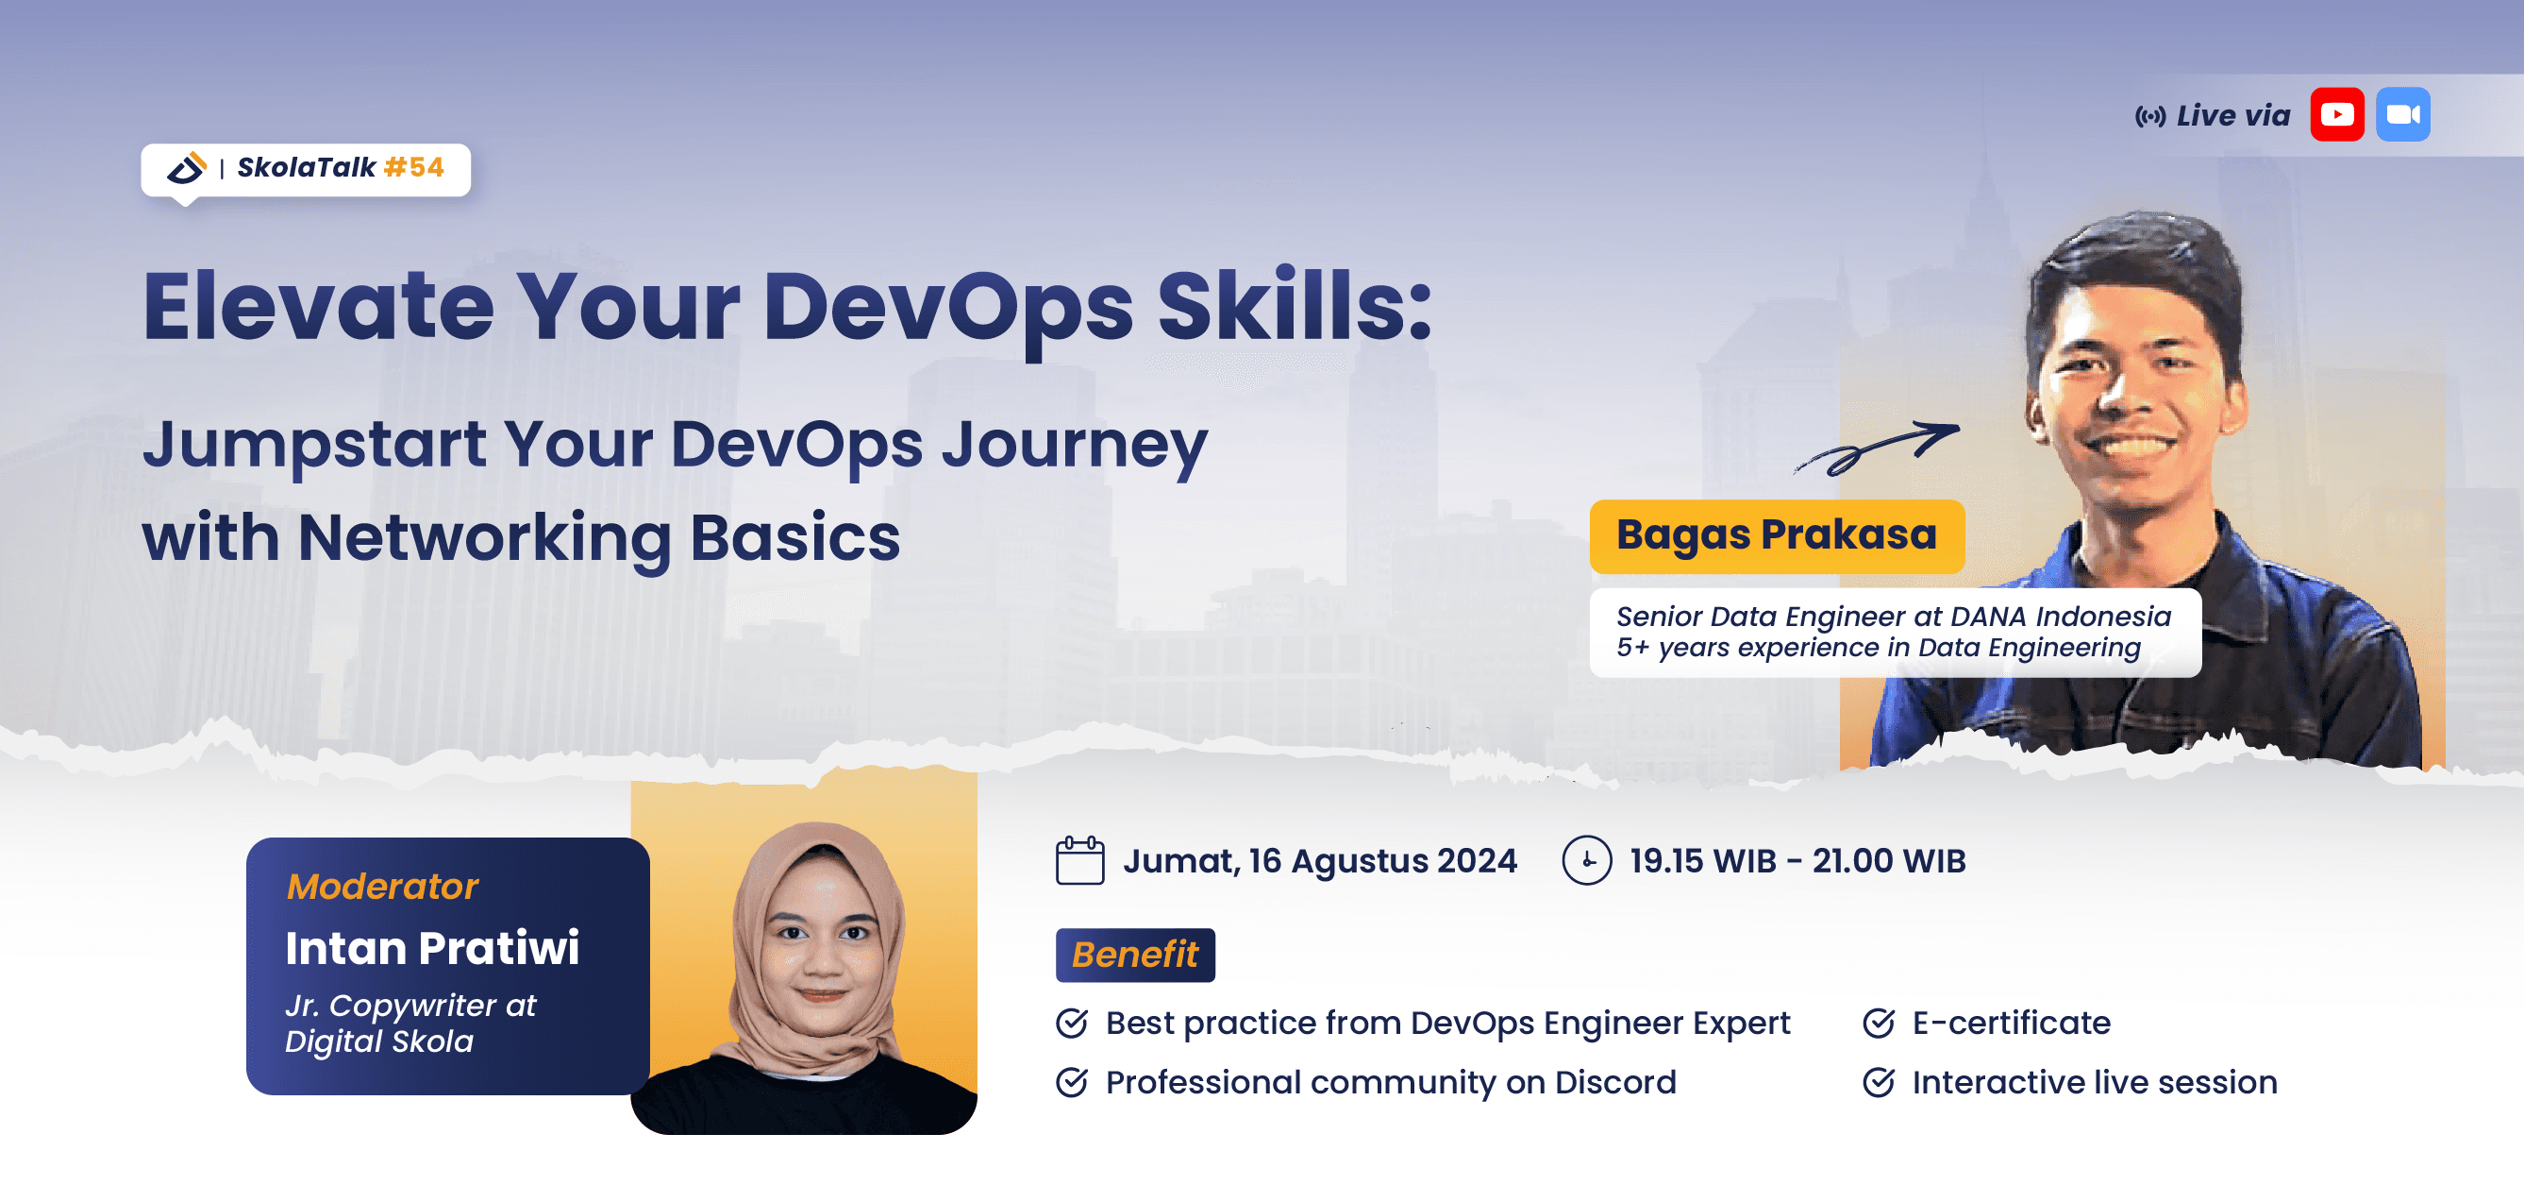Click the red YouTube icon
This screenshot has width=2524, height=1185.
click(2337, 114)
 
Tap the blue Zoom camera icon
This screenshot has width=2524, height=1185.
click(2402, 114)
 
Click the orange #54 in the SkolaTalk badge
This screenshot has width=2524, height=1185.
click(413, 168)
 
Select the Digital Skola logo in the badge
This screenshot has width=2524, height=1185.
click(186, 168)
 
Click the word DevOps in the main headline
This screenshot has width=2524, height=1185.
click(947, 308)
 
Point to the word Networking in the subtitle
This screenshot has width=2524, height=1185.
click(483, 538)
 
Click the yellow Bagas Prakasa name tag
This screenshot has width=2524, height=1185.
click(1776, 536)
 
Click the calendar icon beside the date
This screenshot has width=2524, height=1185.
click(1079, 860)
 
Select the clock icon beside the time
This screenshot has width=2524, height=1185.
click(1586, 860)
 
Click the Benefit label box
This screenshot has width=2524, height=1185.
click(1135, 955)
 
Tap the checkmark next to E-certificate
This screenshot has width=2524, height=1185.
click(1879, 1024)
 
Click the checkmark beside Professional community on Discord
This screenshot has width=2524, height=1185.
click(1072, 1083)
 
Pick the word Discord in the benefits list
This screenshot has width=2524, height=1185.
click(1614, 1083)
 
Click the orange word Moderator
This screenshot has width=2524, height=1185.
click(382, 887)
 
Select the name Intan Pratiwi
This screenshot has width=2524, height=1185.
click(432, 949)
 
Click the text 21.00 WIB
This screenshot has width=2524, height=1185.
click(1888, 861)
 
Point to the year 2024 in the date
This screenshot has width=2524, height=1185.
click(1477, 861)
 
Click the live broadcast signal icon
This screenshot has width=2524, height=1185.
click(2149, 117)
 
